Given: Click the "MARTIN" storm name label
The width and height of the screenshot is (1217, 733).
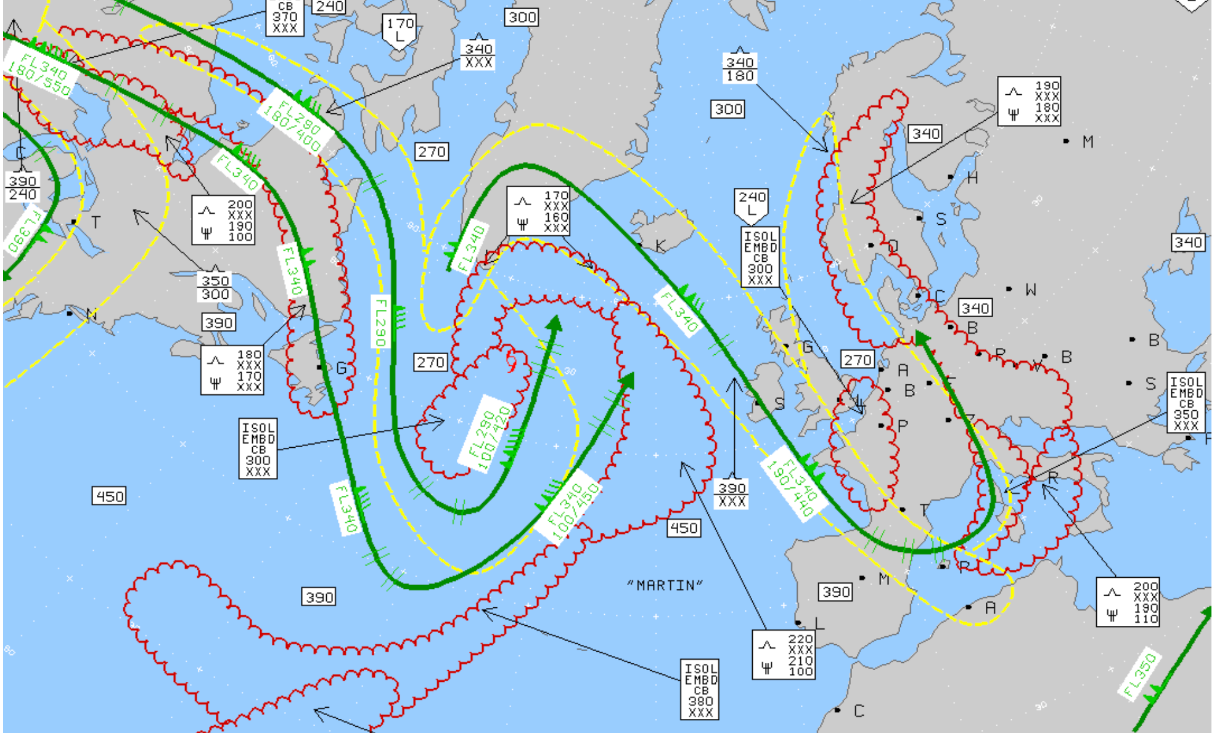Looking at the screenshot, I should pyautogui.click(x=665, y=585).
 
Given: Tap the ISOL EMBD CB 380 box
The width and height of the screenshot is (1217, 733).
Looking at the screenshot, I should pyautogui.click(x=700, y=689).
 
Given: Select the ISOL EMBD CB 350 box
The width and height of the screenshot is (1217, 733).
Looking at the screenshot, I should pyautogui.click(x=1186, y=403).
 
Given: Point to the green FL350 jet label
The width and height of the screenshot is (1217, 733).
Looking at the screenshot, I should pyautogui.click(x=1139, y=673).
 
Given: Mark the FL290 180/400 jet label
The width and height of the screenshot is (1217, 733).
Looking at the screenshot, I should pyautogui.click(x=292, y=125).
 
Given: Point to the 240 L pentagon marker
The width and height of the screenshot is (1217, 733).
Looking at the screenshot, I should pyautogui.click(x=752, y=204).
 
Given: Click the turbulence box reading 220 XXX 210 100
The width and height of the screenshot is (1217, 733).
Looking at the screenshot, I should pyautogui.click(x=784, y=655).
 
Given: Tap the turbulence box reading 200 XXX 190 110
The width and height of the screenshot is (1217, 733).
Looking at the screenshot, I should pyautogui.click(x=1128, y=602).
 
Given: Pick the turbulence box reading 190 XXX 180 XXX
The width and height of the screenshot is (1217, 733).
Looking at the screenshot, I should pyautogui.click(x=1029, y=102).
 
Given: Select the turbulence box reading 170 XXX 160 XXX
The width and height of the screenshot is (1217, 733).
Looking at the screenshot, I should pyautogui.click(x=538, y=211).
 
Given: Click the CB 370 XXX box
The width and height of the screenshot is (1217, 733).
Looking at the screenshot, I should pyautogui.click(x=285, y=17).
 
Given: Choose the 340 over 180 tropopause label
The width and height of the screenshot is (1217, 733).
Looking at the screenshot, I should pyautogui.click(x=739, y=69).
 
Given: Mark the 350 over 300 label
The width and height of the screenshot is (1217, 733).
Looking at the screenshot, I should pyautogui.click(x=215, y=287).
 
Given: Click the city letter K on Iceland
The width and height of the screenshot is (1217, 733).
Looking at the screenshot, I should pyautogui.click(x=660, y=246).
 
